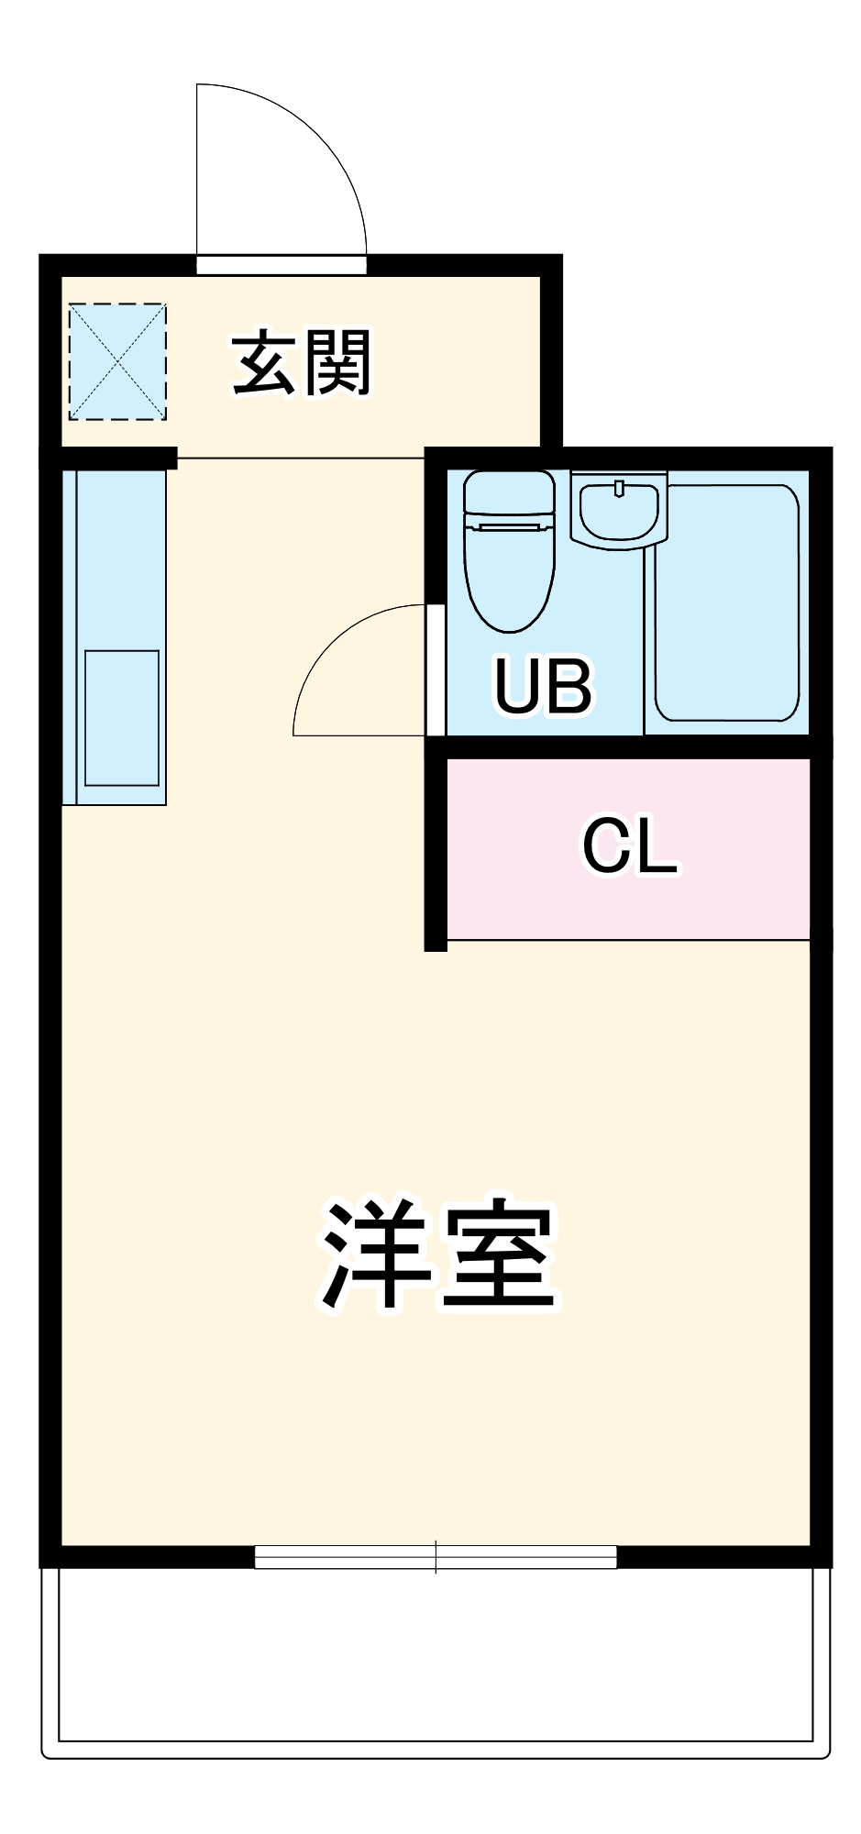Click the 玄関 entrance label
(302, 363)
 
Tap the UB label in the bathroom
(543, 685)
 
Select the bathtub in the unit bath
(727, 602)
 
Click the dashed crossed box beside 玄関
(117, 362)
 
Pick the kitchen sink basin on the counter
(122, 718)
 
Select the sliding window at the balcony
(436, 1557)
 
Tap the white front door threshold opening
(281, 265)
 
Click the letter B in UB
(568, 685)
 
